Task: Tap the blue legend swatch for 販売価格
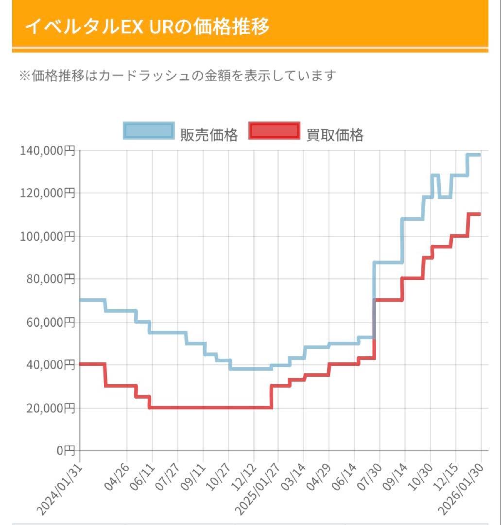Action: pos(149,131)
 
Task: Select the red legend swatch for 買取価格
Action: pos(274,131)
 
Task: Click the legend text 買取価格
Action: pos(335,135)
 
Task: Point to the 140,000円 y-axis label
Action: pos(48,151)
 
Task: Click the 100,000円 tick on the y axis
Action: pos(48,236)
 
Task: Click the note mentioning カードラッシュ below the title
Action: pos(177,76)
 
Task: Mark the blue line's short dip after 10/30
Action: pos(445,197)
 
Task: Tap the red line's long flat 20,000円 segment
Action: pos(209,407)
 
